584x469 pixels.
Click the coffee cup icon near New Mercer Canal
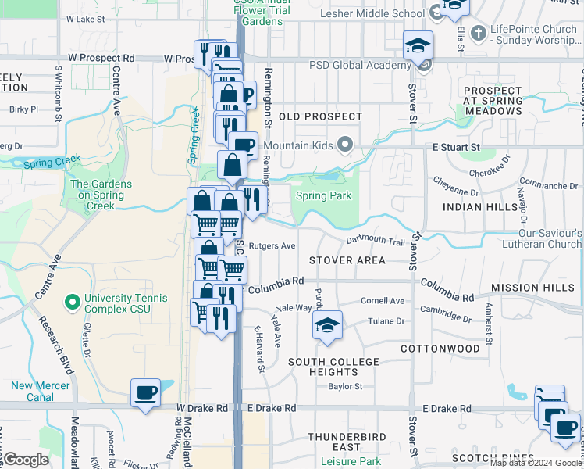(144, 392)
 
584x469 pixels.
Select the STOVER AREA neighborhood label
(347, 260)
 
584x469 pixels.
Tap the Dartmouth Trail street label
(376, 242)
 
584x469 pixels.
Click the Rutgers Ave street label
(271, 245)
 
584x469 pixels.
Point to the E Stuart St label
(461, 146)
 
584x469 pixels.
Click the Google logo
(27, 460)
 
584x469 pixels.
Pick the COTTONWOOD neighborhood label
(440, 348)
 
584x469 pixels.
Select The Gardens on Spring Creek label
(101, 195)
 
